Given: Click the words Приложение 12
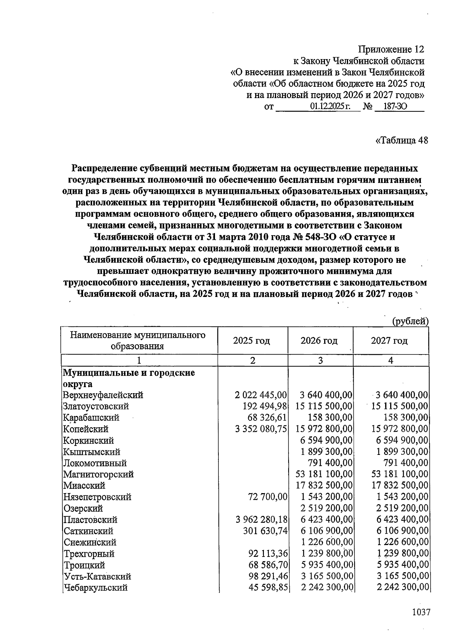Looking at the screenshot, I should (x=391, y=50).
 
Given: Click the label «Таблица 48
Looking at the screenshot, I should (x=402, y=140).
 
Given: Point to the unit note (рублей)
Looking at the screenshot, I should (x=410, y=321).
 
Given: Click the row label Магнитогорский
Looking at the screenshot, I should (x=99, y=474).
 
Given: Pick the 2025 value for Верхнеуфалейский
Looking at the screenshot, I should (x=261, y=395).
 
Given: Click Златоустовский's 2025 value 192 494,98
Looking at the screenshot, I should (x=265, y=406).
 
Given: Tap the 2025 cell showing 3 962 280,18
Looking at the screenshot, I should (x=261, y=520).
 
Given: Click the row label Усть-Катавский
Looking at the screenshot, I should (x=97, y=576).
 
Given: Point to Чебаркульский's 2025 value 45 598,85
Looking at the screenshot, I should (x=268, y=588).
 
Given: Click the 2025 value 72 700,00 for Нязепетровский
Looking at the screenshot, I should (x=268, y=497).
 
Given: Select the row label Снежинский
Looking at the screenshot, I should (x=90, y=542).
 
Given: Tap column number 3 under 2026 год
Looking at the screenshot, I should (x=320, y=360).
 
